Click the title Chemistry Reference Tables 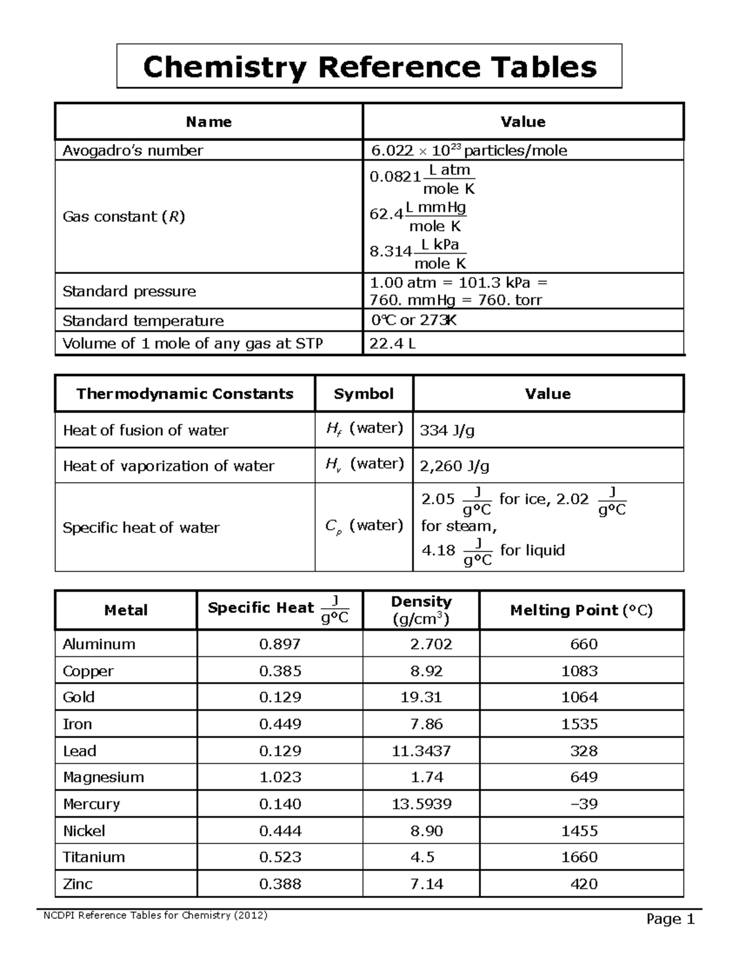[369, 66]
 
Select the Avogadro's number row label [132, 151]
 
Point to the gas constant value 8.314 [390, 252]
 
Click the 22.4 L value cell [392, 343]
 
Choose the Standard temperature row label [143, 321]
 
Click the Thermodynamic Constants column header [185, 394]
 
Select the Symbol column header [363, 394]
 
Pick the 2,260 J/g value [454, 466]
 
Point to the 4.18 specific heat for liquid [438, 550]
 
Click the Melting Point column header [581, 610]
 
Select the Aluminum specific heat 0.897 [280, 644]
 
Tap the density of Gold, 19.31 [426, 697]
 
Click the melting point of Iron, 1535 [579, 724]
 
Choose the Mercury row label [91, 804]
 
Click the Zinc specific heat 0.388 [280, 884]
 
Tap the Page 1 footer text [670, 920]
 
